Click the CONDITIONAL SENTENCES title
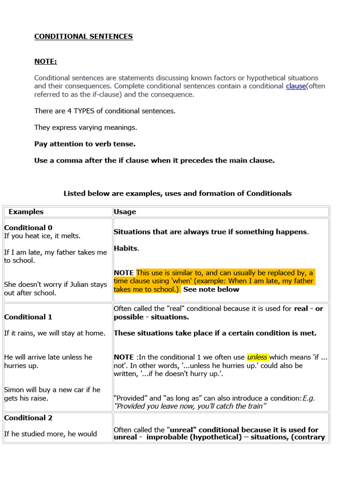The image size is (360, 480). click(83, 37)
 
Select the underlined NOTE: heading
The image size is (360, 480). click(45, 61)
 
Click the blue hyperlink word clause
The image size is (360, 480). click(296, 86)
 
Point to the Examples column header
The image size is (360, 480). click(26, 212)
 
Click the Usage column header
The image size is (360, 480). click(125, 212)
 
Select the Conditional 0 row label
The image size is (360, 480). click(28, 228)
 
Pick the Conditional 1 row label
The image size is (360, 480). click(28, 317)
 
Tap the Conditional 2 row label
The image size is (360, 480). click(28, 418)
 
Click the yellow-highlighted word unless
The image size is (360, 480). click(257, 357)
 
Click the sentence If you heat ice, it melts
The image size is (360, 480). click(43, 236)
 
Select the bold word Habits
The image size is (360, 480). click(126, 248)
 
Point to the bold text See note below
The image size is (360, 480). click(211, 289)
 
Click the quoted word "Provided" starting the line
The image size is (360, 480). click(131, 398)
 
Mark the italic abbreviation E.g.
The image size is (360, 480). click(308, 398)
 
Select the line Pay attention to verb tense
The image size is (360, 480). click(85, 144)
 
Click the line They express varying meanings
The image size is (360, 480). click(85, 127)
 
